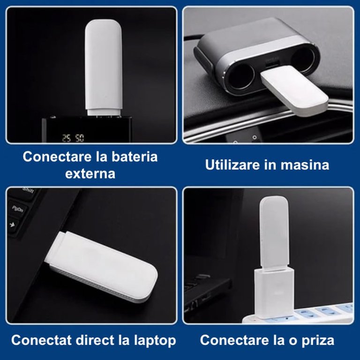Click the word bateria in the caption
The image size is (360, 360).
pyautogui.click(x=135, y=157)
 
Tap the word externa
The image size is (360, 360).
pyautogui.click(x=90, y=174)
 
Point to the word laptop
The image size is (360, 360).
pyautogui.click(x=155, y=341)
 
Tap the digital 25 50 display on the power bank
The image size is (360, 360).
pyautogui.click(x=73, y=138)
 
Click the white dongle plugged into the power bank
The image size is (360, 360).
pyautogui.click(x=103, y=67)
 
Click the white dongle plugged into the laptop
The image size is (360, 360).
pyautogui.click(x=101, y=266)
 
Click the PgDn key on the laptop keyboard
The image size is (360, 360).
pyautogui.click(x=17, y=209)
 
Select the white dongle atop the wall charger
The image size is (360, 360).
pyautogui.click(x=274, y=232)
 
